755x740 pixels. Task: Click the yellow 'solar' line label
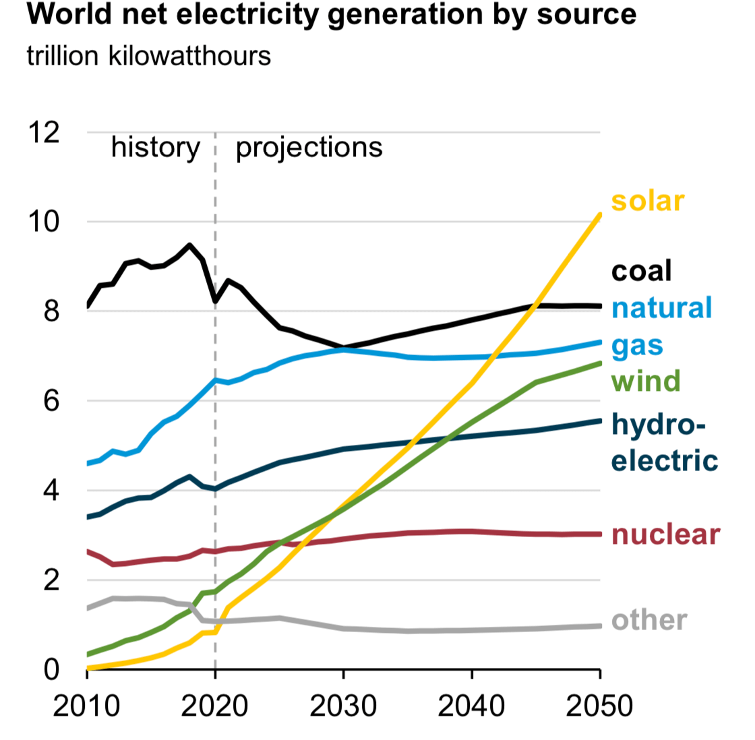[x=647, y=201]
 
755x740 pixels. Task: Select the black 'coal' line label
[x=641, y=271]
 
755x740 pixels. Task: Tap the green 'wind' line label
[x=646, y=381]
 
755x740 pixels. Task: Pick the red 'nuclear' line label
[x=665, y=534]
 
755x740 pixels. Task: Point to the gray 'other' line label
[x=649, y=620]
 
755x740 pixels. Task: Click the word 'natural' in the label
[x=661, y=308]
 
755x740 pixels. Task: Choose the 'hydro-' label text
[x=658, y=425]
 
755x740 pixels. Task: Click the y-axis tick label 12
[x=44, y=133]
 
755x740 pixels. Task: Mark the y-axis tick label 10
[x=44, y=222]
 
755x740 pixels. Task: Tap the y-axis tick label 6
[x=51, y=401]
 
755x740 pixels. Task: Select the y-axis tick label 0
[x=51, y=669]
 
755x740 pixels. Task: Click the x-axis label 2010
[x=86, y=706]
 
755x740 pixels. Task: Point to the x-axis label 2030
[x=343, y=706]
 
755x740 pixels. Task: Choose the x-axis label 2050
[x=599, y=706]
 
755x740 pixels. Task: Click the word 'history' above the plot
[x=155, y=148]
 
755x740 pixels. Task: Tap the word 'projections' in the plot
[x=309, y=148]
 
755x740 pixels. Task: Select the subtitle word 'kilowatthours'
[x=189, y=56]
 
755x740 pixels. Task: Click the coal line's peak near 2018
[x=189, y=245]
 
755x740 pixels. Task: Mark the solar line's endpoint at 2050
[x=599, y=216]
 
